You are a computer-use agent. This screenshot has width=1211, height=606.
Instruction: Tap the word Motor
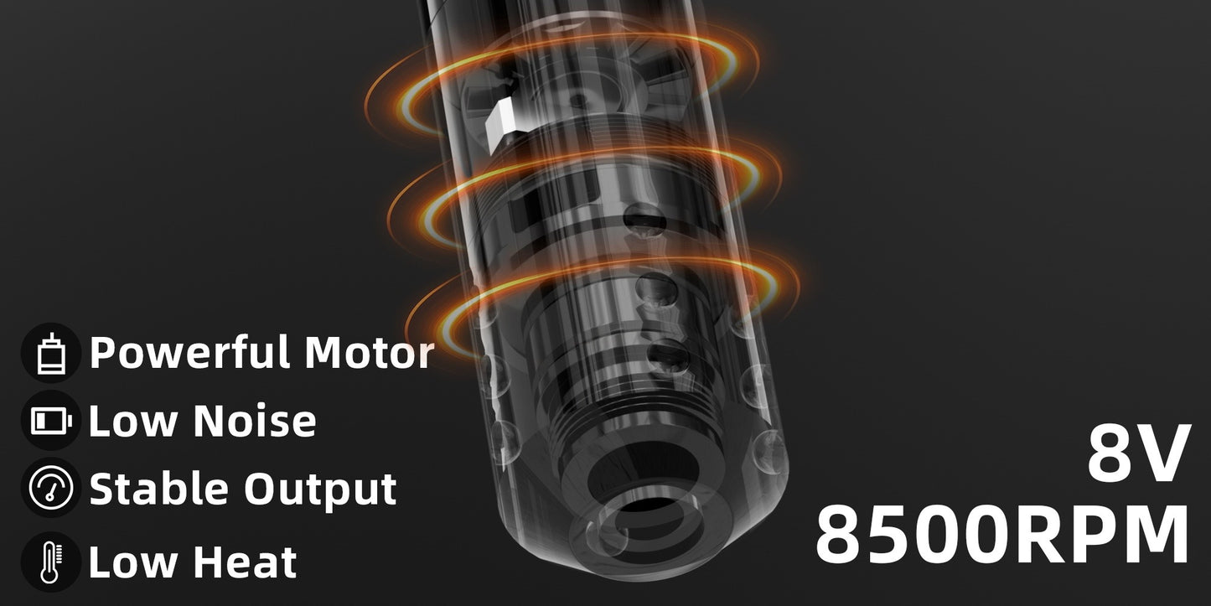click(x=370, y=353)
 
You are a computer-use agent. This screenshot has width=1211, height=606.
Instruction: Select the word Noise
click(x=255, y=420)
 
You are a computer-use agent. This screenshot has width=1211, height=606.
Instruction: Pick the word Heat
click(x=245, y=562)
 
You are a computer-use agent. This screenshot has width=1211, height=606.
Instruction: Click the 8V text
click(x=1139, y=454)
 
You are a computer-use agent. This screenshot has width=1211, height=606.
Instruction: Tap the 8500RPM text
click(x=1004, y=534)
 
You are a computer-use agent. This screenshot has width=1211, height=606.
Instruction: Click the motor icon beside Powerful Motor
click(x=51, y=354)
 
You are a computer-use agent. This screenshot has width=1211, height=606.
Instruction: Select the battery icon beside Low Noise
click(x=51, y=421)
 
